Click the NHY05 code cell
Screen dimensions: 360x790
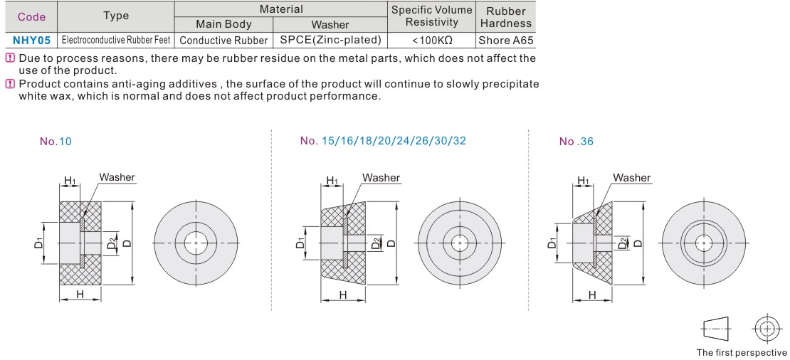tap(31, 41)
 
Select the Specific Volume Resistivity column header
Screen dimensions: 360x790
tap(432, 16)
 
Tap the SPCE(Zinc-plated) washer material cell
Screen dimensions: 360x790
tap(330, 41)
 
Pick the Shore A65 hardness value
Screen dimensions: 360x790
tap(505, 41)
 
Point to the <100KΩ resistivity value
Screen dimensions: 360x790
tap(432, 41)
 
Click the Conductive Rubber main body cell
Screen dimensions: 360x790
tap(223, 41)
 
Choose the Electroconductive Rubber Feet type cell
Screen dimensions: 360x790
tap(116, 41)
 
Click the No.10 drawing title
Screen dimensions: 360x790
tap(56, 142)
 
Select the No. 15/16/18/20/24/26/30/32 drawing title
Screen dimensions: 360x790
tap(383, 141)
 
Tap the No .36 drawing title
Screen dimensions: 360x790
tap(576, 142)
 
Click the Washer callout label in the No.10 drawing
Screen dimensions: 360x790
tap(117, 177)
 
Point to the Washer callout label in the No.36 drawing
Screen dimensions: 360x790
tap(631, 178)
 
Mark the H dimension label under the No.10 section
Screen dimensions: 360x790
tap(80, 294)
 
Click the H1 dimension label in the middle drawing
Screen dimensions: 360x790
tap(332, 181)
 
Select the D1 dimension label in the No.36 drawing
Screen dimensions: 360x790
tap(552, 243)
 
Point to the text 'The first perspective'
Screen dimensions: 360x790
tap(742, 352)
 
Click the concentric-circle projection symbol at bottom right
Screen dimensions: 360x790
tap(767, 329)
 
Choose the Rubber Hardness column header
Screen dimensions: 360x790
tap(505, 16)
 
